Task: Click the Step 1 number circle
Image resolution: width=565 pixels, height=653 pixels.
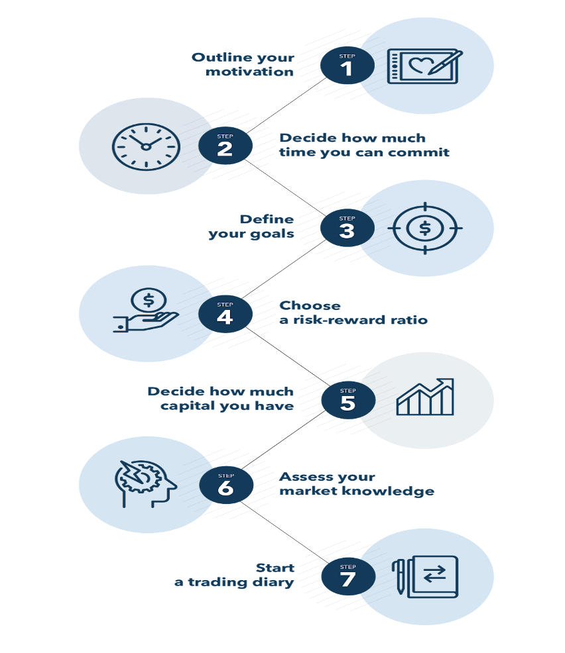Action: pos(347,65)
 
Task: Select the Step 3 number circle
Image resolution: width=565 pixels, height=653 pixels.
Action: pos(347,228)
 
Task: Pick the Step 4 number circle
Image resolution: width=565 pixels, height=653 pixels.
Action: pos(225,314)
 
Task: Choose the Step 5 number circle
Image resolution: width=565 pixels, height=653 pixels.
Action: pos(348,400)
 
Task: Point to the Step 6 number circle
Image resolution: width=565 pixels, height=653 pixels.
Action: pos(226,485)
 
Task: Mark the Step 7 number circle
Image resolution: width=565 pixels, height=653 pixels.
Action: pos(348,576)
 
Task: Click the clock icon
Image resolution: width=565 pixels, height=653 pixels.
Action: pos(146,146)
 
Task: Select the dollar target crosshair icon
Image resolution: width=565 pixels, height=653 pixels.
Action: pos(425,228)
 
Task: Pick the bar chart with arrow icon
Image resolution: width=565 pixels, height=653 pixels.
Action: pos(425,397)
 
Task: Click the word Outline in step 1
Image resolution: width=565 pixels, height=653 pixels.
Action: pos(218,58)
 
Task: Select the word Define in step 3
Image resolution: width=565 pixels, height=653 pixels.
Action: pos(267,219)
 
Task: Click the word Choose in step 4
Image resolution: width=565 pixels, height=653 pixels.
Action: pos(310,305)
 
